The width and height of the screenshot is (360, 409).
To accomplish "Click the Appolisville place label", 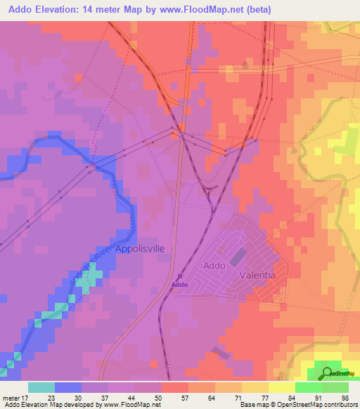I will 124,249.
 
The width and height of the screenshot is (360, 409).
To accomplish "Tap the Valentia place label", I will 258,275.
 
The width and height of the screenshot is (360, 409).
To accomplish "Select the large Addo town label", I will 214,266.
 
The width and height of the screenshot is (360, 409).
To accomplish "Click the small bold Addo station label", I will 179,285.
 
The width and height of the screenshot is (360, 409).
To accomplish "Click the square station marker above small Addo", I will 179,276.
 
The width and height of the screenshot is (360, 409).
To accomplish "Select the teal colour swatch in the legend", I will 41,387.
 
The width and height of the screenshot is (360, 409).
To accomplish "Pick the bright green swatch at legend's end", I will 335,387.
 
